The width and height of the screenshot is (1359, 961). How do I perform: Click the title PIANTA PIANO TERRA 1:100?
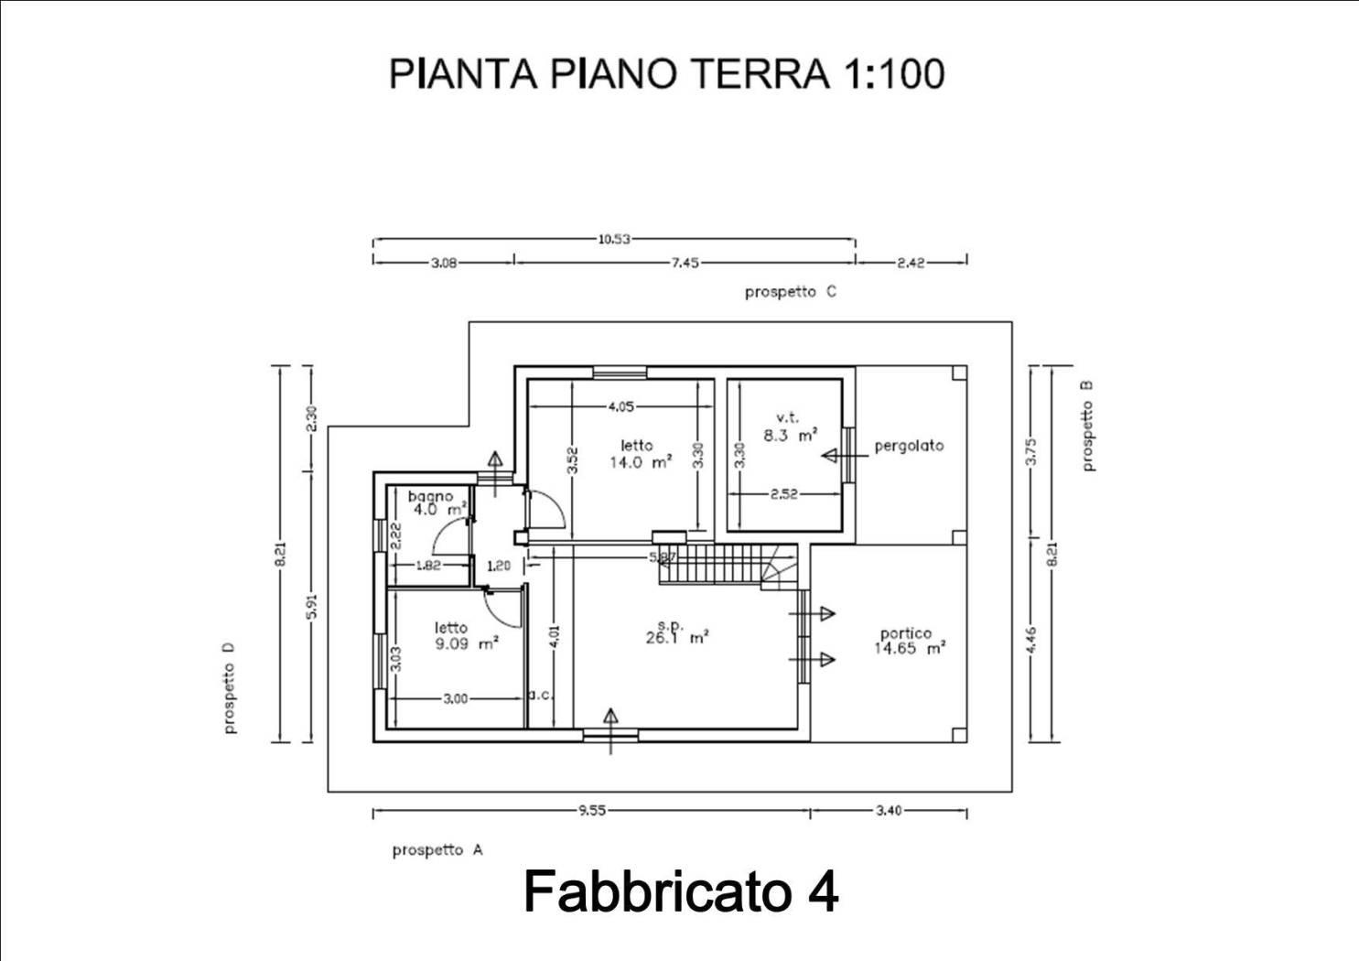tap(667, 74)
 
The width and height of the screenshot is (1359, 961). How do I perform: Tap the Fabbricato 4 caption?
tap(681, 891)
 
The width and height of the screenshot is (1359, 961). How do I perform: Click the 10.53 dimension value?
tap(614, 239)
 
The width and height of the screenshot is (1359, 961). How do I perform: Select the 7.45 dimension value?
tap(685, 263)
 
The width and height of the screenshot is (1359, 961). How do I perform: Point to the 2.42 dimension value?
tap(911, 263)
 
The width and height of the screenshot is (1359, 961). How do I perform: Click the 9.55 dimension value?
tap(592, 811)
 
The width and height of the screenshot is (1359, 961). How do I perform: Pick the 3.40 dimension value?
tap(889, 811)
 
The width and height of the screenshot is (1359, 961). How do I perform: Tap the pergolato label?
tap(909, 447)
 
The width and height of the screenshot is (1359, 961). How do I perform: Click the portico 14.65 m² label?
tap(910, 642)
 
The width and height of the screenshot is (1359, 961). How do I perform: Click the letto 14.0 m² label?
tap(641, 454)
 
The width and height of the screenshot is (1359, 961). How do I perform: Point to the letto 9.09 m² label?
tap(467, 636)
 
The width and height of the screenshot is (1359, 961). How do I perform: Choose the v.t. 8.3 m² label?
tap(790, 427)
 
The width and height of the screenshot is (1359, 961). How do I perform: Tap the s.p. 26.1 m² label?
tap(677, 632)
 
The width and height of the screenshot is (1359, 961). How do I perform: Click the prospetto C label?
tap(791, 293)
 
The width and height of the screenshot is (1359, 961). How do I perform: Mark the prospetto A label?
tap(437, 850)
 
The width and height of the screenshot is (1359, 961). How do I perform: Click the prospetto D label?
tap(230, 687)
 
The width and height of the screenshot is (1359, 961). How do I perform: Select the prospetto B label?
tap(1088, 426)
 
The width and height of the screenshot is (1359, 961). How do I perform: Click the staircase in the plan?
tap(728, 565)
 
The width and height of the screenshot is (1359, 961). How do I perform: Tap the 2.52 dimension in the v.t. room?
tap(784, 494)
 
